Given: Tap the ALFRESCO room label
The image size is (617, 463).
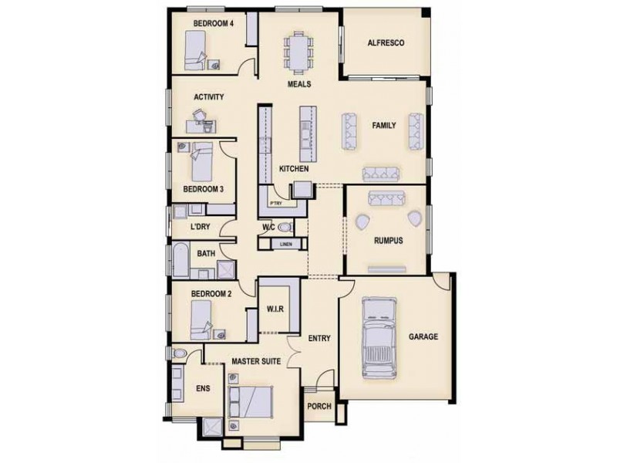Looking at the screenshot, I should click(x=386, y=43).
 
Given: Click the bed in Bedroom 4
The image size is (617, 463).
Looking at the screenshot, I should click(x=195, y=51).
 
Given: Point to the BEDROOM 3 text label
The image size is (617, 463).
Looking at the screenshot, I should click(x=203, y=188).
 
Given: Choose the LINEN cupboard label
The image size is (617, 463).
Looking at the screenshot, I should click(x=285, y=245).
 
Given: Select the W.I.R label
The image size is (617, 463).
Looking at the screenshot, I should click(x=276, y=309).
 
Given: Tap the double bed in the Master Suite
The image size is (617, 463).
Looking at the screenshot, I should click(x=254, y=402).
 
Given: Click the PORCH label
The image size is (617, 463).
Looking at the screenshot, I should click(x=319, y=407).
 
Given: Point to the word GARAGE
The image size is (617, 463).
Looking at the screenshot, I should click(x=423, y=336).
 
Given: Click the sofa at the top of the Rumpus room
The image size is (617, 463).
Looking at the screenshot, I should click(x=385, y=198).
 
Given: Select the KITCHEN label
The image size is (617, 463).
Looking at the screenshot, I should click(x=294, y=168).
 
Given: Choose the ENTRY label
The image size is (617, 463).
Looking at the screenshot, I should click(x=319, y=338).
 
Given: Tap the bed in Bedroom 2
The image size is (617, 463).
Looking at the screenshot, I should click(x=200, y=316).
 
